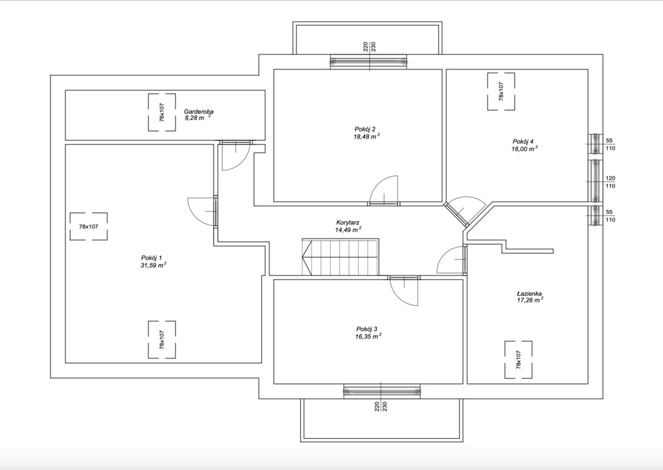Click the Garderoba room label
click(x=199, y=112)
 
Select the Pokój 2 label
click(x=365, y=129)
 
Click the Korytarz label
click(x=348, y=222)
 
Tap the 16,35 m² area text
click(x=368, y=336)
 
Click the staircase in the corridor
click(x=341, y=257)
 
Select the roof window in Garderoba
click(x=162, y=112)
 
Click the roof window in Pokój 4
click(x=501, y=91)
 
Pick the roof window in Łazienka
click(x=519, y=359)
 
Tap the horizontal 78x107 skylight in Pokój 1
click(x=88, y=226)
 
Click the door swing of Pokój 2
click(x=384, y=191)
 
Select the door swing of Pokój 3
click(x=405, y=290)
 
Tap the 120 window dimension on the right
click(x=610, y=178)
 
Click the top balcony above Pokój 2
click(x=368, y=38)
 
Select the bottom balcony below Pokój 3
click(x=381, y=420)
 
